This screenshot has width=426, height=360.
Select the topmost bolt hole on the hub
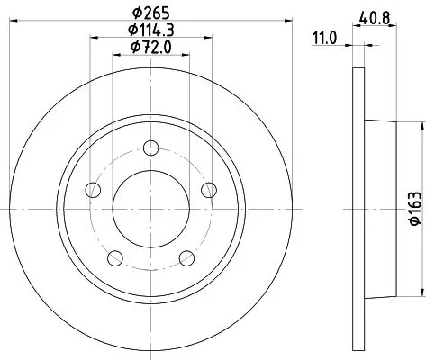150,148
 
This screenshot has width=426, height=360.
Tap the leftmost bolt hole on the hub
92,190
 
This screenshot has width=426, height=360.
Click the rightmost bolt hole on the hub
209,189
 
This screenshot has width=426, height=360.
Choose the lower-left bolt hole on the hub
114,258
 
